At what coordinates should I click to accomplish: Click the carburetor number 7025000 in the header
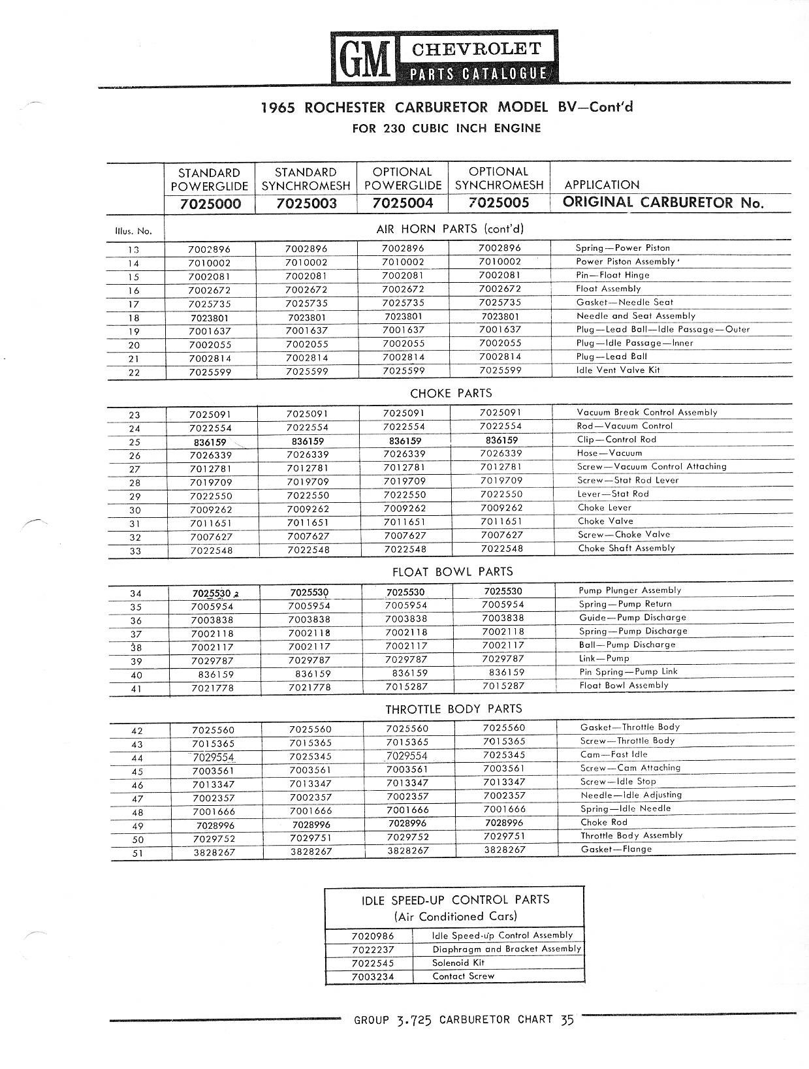(210, 204)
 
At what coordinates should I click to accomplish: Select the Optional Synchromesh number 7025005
(499, 202)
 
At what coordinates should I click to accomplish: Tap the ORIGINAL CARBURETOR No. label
(663, 202)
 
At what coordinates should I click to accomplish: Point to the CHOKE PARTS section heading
(451, 393)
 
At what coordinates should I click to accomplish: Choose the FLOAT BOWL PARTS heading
(452, 571)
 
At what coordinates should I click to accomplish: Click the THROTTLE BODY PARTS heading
(453, 709)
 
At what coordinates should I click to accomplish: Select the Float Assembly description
(608, 288)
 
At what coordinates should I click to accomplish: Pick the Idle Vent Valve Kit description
(618, 370)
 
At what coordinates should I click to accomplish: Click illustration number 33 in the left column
(135, 550)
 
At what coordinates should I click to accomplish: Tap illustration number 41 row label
(136, 688)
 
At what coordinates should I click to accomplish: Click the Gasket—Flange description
(616, 849)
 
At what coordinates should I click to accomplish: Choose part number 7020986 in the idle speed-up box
(372, 936)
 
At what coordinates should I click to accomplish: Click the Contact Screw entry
(463, 976)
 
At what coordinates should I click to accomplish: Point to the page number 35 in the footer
(566, 1020)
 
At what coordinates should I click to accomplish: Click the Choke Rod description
(603, 822)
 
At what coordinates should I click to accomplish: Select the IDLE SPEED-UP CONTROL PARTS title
(455, 899)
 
